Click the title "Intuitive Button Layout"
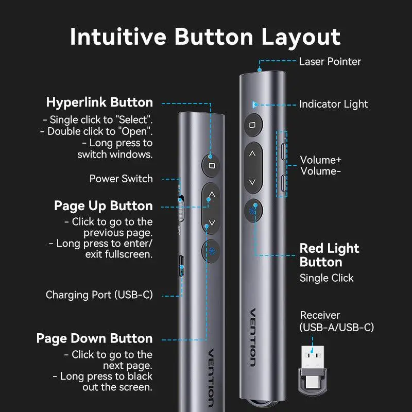click(x=205, y=37)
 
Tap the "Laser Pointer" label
click(x=330, y=61)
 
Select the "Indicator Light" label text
click(x=333, y=104)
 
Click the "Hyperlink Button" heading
click(x=99, y=102)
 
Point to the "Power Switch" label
click(x=121, y=179)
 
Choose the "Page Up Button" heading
click(x=104, y=205)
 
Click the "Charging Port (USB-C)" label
click(x=99, y=295)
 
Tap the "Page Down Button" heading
click(x=94, y=338)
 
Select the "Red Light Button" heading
click(x=329, y=255)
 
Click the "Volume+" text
click(x=320, y=160)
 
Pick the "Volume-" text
click(x=320, y=171)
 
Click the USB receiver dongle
click(x=312, y=370)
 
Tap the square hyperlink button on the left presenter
click(x=211, y=165)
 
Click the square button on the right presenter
click(x=252, y=125)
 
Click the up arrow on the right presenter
click(x=252, y=153)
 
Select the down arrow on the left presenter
click(x=212, y=223)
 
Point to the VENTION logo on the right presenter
click(x=253, y=337)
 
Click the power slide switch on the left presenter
click(x=181, y=208)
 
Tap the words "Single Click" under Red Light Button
click(x=327, y=278)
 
